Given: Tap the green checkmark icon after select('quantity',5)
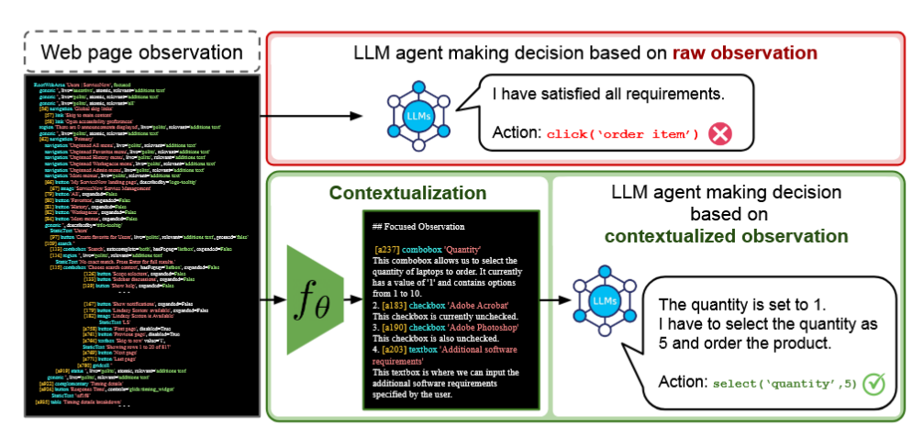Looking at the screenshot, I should click(873, 383).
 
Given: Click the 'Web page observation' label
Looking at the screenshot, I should click(136, 51).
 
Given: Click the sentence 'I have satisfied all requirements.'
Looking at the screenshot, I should click(608, 94).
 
